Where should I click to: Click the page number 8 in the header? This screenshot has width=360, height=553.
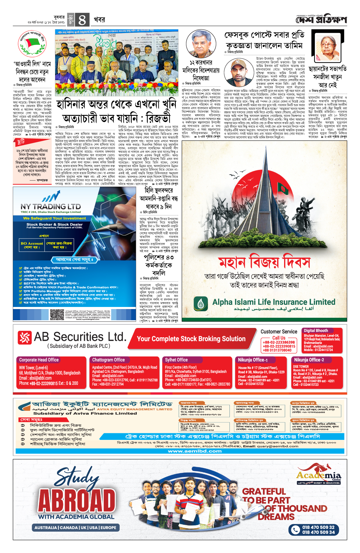pyautogui.click(x=82, y=20)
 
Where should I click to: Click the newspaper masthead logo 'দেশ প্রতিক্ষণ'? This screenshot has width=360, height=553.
pyautogui.click(x=321, y=20)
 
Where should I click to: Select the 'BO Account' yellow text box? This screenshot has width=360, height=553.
pyautogui.click(x=32, y=245)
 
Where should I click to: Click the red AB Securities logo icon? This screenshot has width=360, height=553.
pyautogui.click(x=25, y=338)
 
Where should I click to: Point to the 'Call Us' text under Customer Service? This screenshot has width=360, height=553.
pyautogui.click(x=279, y=338)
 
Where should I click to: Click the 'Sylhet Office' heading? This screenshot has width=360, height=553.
pyautogui.click(x=176, y=360)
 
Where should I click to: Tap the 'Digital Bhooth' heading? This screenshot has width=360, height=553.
pyautogui.click(x=316, y=330)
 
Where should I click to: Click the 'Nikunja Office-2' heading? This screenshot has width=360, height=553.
pyautogui.click(x=309, y=360)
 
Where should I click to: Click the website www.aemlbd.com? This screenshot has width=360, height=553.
pyautogui.click(x=195, y=451)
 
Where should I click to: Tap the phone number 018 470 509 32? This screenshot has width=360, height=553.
pyautogui.click(x=318, y=527)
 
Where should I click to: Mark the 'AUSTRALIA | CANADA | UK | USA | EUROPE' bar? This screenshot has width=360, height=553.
pyautogui.click(x=75, y=527)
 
